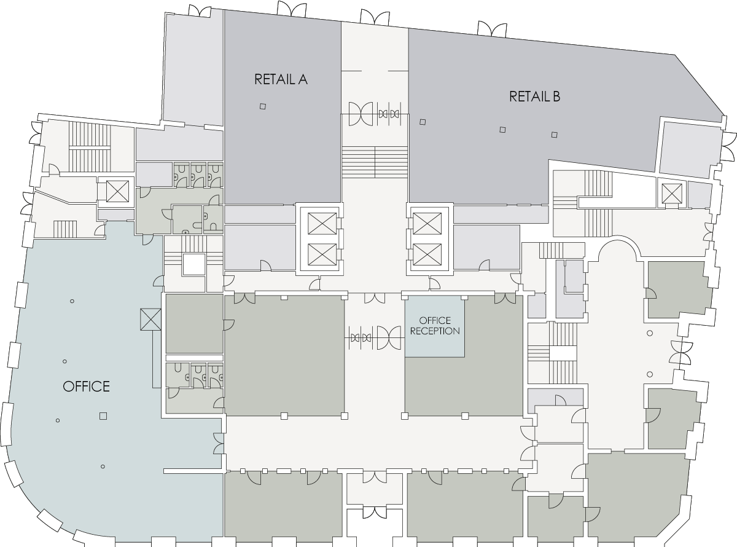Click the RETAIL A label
tap(281, 79)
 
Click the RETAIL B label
tap(534, 96)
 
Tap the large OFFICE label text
tap(87, 387)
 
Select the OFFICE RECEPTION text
tap(435, 326)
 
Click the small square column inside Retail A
tap(263, 106)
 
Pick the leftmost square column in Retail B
tap(422, 121)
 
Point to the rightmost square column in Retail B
tap(554, 135)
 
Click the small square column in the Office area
tap(103, 416)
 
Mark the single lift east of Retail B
tap(671, 193)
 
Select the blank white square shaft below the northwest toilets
tap(193, 266)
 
